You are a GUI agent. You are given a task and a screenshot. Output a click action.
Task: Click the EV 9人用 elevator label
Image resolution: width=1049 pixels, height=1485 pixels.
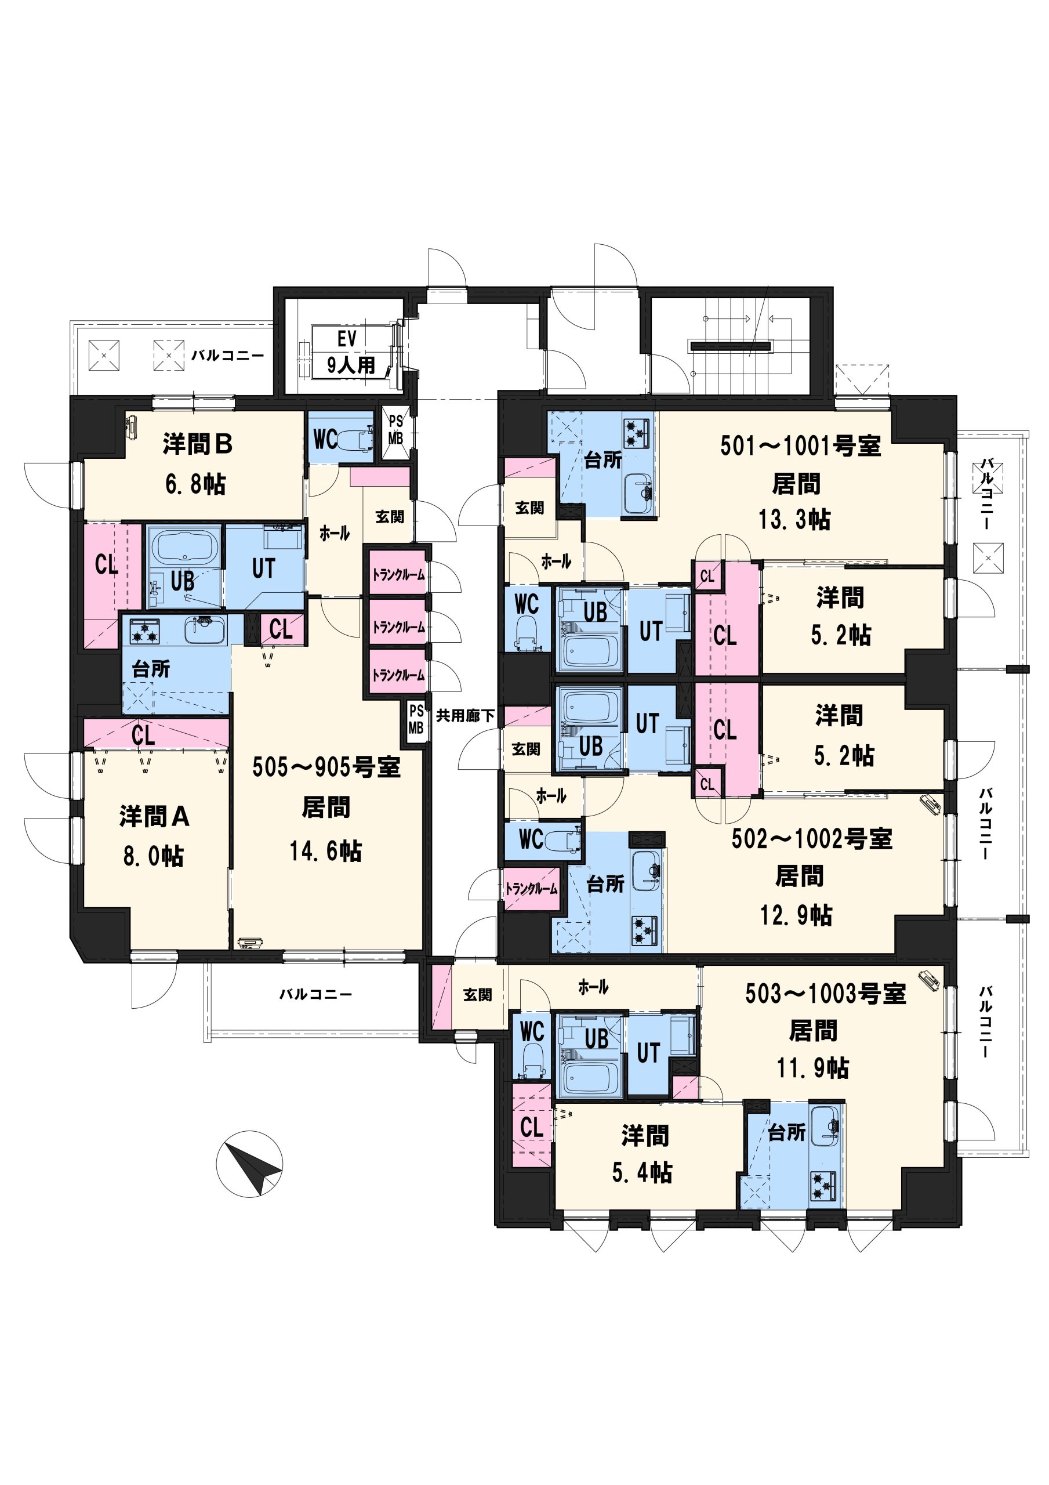[x=350, y=352]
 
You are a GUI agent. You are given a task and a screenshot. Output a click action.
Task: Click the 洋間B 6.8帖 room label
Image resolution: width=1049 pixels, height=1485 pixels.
[x=197, y=463]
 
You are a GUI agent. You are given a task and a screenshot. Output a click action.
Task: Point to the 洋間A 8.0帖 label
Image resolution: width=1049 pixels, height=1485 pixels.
[x=154, y=836]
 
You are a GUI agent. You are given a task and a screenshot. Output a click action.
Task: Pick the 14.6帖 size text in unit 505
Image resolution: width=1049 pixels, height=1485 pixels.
[x=325, y=850]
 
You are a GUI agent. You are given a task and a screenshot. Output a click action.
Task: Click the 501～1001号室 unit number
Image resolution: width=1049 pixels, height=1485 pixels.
[x=801, y=445]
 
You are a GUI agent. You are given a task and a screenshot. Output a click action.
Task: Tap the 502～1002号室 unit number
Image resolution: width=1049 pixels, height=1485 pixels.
[x=812, y=838]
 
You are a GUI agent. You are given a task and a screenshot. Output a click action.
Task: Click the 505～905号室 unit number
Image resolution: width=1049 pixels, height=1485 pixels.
[x=326, y=767]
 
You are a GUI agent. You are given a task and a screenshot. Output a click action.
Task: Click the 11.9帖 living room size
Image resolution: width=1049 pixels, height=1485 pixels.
[x=813, y=1068]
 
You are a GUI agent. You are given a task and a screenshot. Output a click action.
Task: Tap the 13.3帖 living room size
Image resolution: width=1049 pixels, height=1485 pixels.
[x=795, y=519]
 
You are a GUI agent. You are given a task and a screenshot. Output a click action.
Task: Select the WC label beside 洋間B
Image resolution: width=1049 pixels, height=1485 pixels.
[x=325, y=439]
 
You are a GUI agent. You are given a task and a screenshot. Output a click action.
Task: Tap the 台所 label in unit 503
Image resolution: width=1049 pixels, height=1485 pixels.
[x=787, y=1132]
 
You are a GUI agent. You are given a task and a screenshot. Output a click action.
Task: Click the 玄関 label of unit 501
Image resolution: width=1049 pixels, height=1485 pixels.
[x=529, y=508]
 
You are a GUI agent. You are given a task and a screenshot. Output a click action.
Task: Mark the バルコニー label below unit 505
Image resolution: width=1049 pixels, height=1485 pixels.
[x=315, y=994]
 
